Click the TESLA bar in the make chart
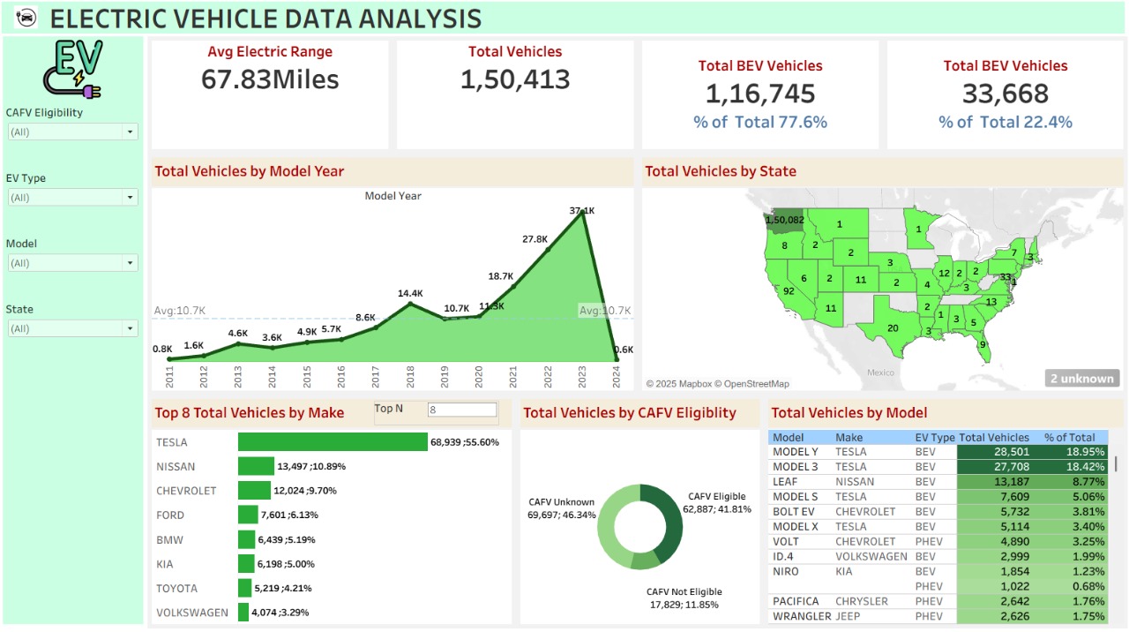tap(333, 442)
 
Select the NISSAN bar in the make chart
tap(256, 466)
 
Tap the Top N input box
tap(462, 410)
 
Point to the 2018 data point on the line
tap(410, 305)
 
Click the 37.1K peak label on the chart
tap(582, 211)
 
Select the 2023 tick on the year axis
tap(582, 377)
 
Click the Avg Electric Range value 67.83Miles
tap(270, 79)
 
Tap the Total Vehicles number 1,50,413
tap(515, 79)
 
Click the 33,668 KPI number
tap(1006, 94)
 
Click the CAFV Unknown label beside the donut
tap(561, 502)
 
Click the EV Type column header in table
tap(934, 437)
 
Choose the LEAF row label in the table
tap(787, 482)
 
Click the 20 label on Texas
tap(893, 328)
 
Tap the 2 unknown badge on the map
tap(1081, 379)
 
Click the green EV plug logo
tap(72, 68)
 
